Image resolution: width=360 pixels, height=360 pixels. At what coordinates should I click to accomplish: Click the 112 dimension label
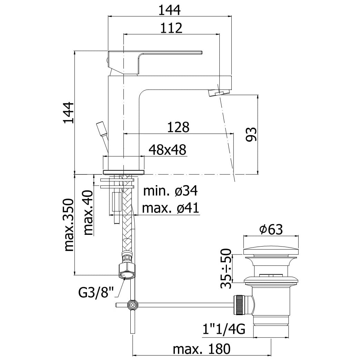click(171, 28)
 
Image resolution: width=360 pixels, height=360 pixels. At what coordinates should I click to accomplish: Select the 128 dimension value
click(178, 127)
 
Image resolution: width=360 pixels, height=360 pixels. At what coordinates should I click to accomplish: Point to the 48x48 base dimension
click(168, 150)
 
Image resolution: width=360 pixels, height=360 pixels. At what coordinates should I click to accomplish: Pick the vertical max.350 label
click(69, 224)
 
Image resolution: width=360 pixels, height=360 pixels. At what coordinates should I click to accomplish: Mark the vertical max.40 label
click(89, 213)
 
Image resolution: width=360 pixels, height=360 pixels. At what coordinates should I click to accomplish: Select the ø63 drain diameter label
click(271, 229)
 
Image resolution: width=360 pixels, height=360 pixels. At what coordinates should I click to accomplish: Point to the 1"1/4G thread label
click(223, 330)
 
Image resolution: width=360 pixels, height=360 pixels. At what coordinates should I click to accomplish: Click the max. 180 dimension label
click(201, 349)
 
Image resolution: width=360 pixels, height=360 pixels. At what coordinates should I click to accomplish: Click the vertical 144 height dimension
click(69, 112)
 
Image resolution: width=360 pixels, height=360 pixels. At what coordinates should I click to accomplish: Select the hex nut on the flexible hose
click(128, 270)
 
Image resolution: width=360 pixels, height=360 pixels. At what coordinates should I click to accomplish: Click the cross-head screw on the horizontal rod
click(133, 304)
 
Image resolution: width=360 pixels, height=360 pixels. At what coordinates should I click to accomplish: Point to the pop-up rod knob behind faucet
click(101, 128)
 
